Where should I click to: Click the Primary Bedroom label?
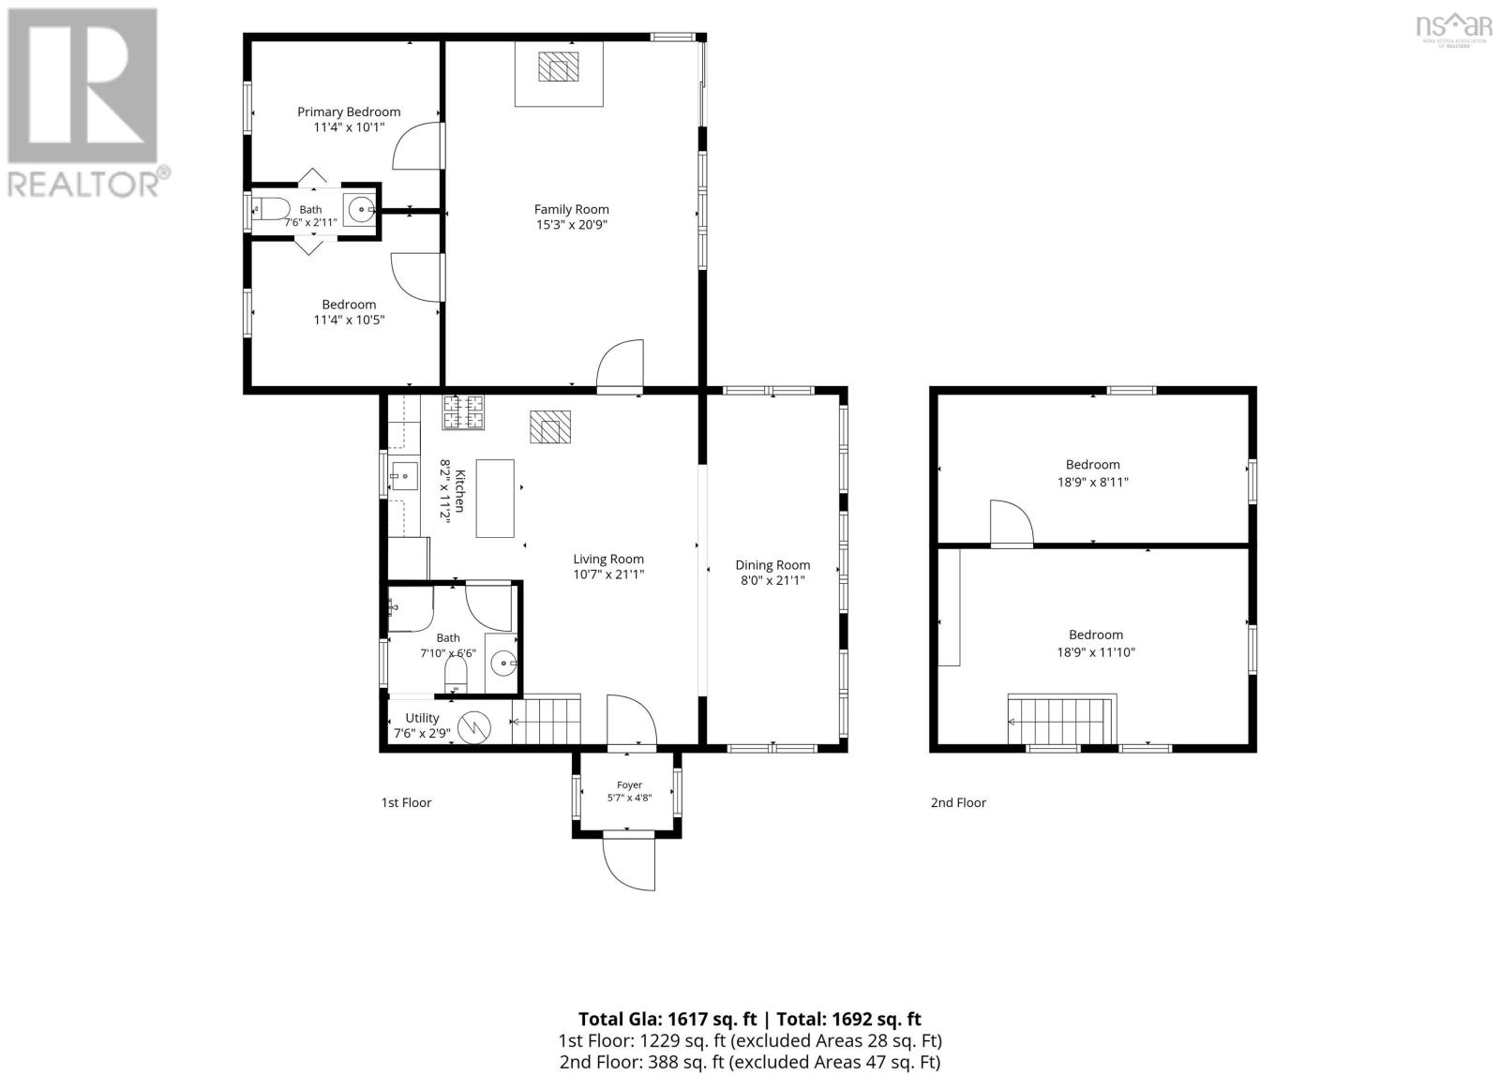tap(349, 112)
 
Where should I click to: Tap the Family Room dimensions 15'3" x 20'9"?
tap(571, 225)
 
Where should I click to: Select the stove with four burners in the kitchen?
tap(463, 411)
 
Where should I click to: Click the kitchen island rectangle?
tap(495, 498)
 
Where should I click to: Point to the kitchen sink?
tap(404, 476)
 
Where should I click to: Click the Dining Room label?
tap(772, 565)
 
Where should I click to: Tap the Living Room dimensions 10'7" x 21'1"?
tap(608, 575)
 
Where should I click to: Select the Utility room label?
tap(422, 718)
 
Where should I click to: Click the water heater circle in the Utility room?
tap(474, 727)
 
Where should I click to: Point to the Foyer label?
tap(629, 784)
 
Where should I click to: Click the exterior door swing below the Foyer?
tap(629, 864)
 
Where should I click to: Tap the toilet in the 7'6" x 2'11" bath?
tap(268, 209)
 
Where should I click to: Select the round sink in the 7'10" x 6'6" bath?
tap(503, 664)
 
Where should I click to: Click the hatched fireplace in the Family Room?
tap(559, 67)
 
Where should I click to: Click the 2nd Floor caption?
tap(958, 802)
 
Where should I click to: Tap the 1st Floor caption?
tap(407, 802)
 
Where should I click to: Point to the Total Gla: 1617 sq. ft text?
tap(667, 1020)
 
